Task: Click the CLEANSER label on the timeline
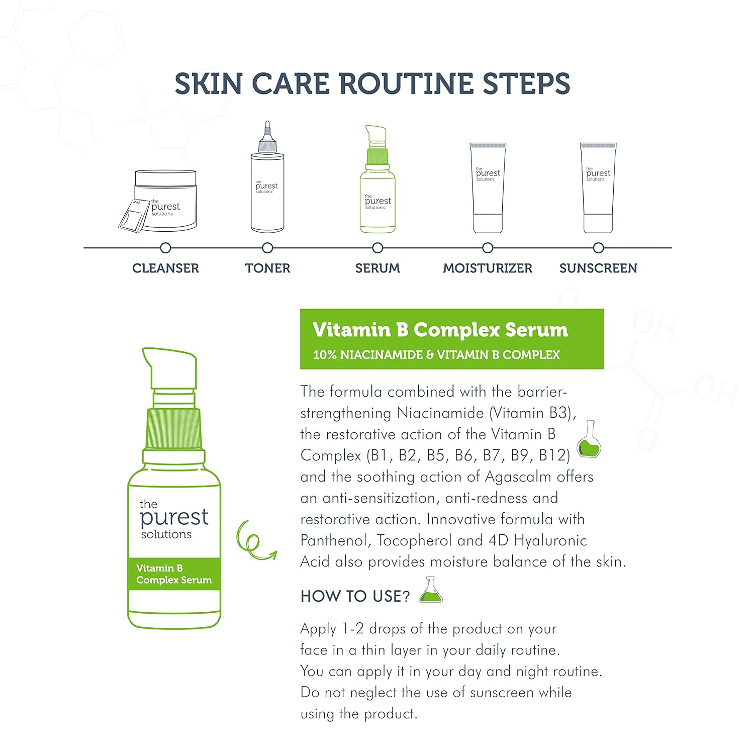click(165, 268)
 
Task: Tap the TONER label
click(267, 268)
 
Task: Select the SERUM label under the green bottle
click(378, 268)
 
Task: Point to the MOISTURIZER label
click(487, 268)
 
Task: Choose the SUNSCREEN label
click(598, 268)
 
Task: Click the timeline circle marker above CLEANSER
click(165, 248)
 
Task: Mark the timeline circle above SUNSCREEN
click(598, 248)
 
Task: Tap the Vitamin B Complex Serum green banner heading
click(440, 330)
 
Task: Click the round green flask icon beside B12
click(589, 441)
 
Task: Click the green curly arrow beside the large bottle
click(254, 541)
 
